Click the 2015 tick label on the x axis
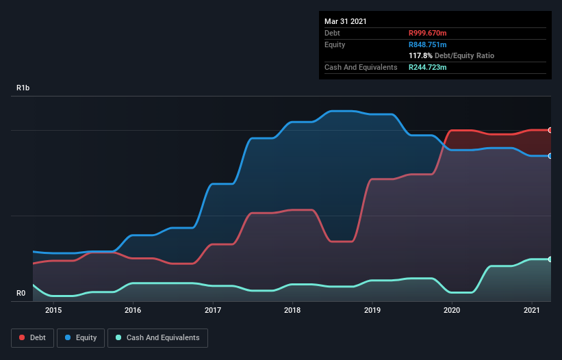pos(53,310)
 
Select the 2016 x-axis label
pos(133,310)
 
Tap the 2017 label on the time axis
pos(213,310)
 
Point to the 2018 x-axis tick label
pos(292,310)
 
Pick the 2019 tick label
pos(372,310)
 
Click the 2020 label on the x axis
pos(452,310)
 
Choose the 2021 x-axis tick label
pos(531,310)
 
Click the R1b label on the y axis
pos(23,88)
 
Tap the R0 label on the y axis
pos(21,294)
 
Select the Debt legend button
pos(31,337)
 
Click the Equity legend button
pos(81,337)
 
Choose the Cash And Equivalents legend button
pos(157,337)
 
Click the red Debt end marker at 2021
pos(550,130)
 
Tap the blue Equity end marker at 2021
pos(550,156)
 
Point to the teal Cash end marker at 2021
pos(550,259)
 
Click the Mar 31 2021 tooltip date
pos(346,21)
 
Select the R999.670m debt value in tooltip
pos(428,33)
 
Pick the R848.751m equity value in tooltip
pos(427,44)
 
